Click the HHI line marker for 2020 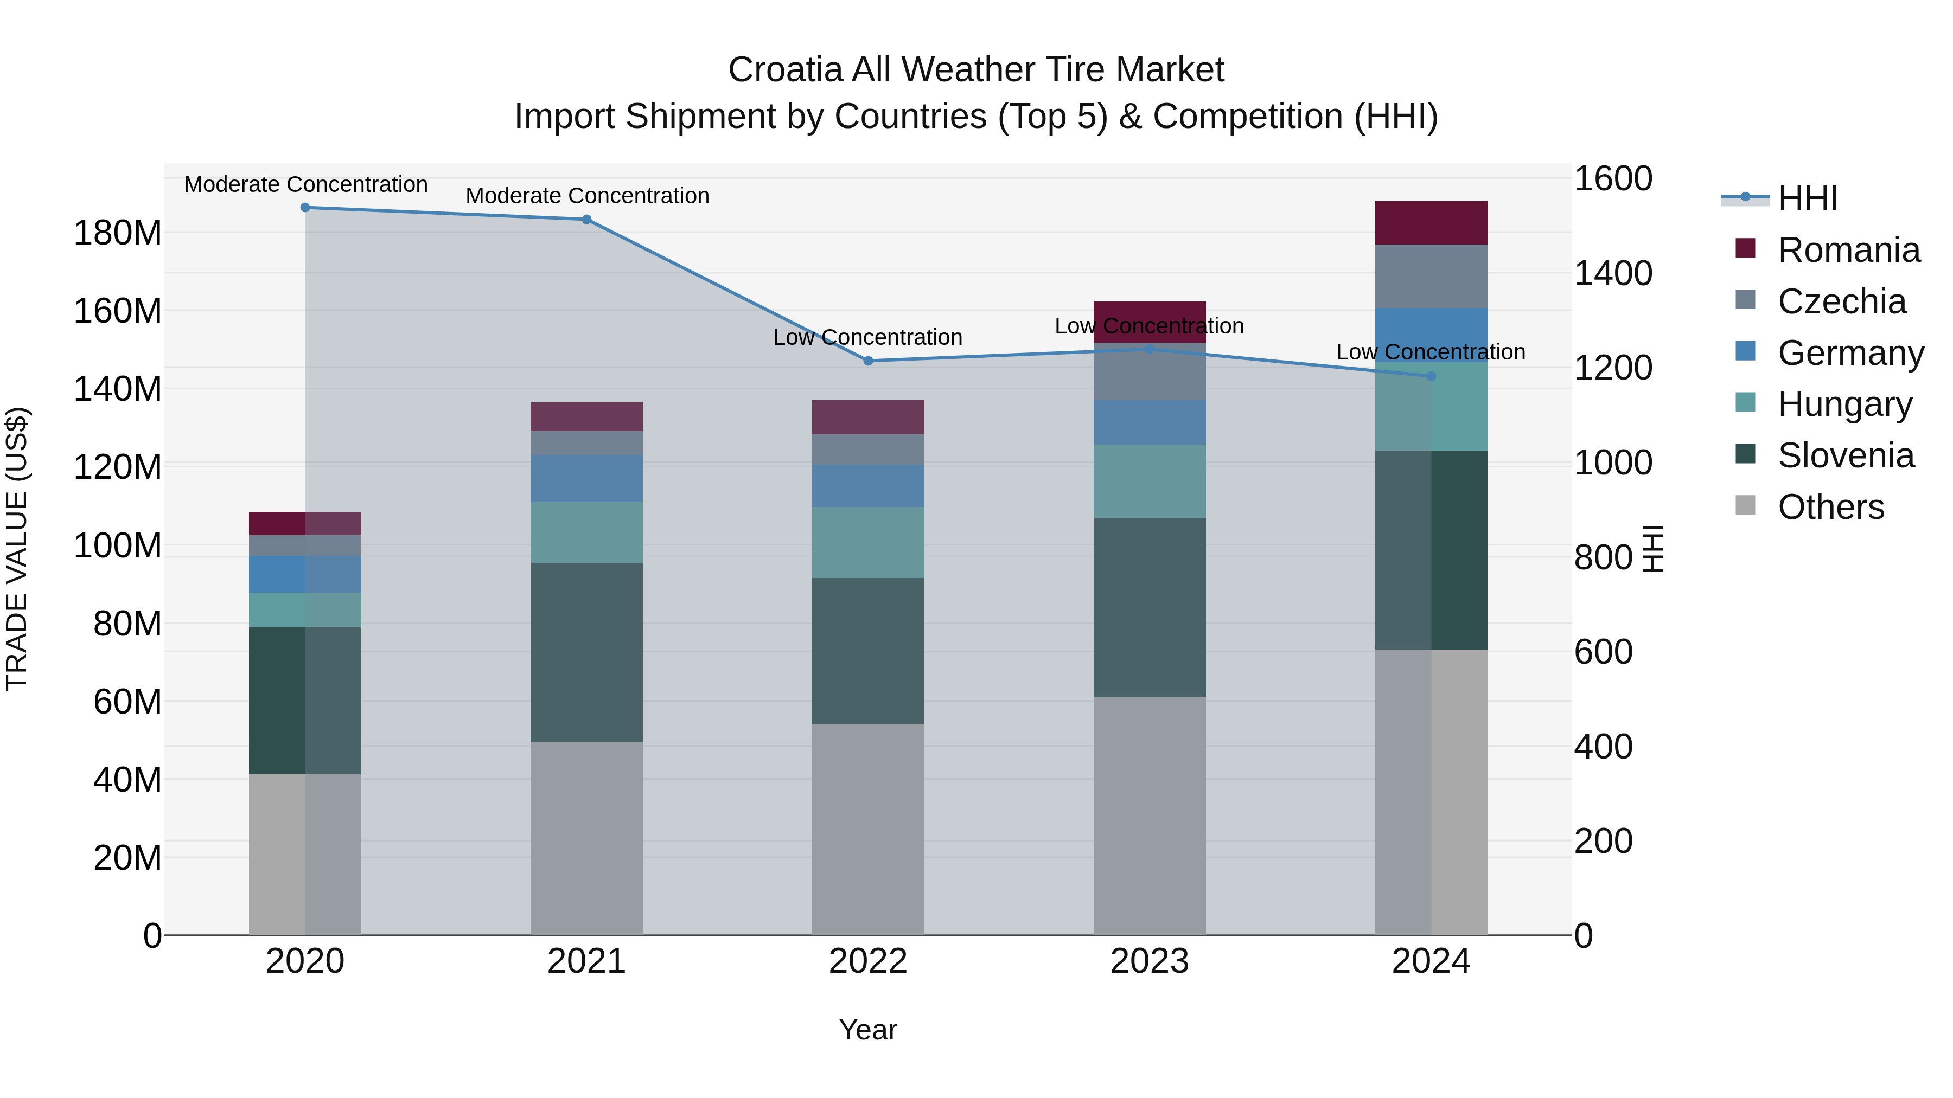(x=305, y=208)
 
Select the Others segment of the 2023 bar (x=1150, y=816)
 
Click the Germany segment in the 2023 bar (x=1150, y=422)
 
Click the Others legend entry (x=1830, y=507)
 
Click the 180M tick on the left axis (x=118, y=233)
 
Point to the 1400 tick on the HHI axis (x=1613, y=274)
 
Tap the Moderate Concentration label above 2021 (x=587, y=196)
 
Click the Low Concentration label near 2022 (x=867, y=337)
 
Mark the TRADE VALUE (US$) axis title (x=17, y=549)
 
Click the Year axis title (x=867, y=1030)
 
